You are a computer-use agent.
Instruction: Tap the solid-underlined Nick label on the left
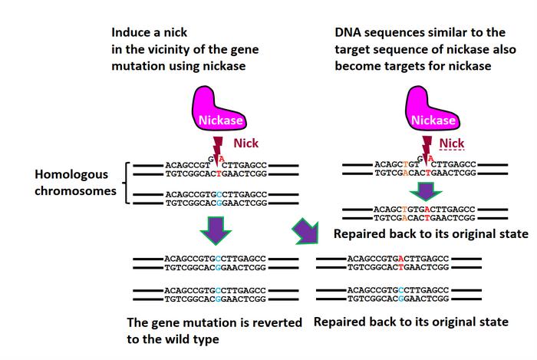(246, 143)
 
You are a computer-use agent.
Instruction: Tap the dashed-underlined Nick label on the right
(452, 144)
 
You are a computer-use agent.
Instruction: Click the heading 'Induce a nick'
(149, 33)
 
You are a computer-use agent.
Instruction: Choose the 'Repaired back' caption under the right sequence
(431, 233)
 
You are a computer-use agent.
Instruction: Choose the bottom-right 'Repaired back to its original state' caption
(411, 322)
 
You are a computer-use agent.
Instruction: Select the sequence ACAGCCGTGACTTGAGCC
(398, 259)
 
